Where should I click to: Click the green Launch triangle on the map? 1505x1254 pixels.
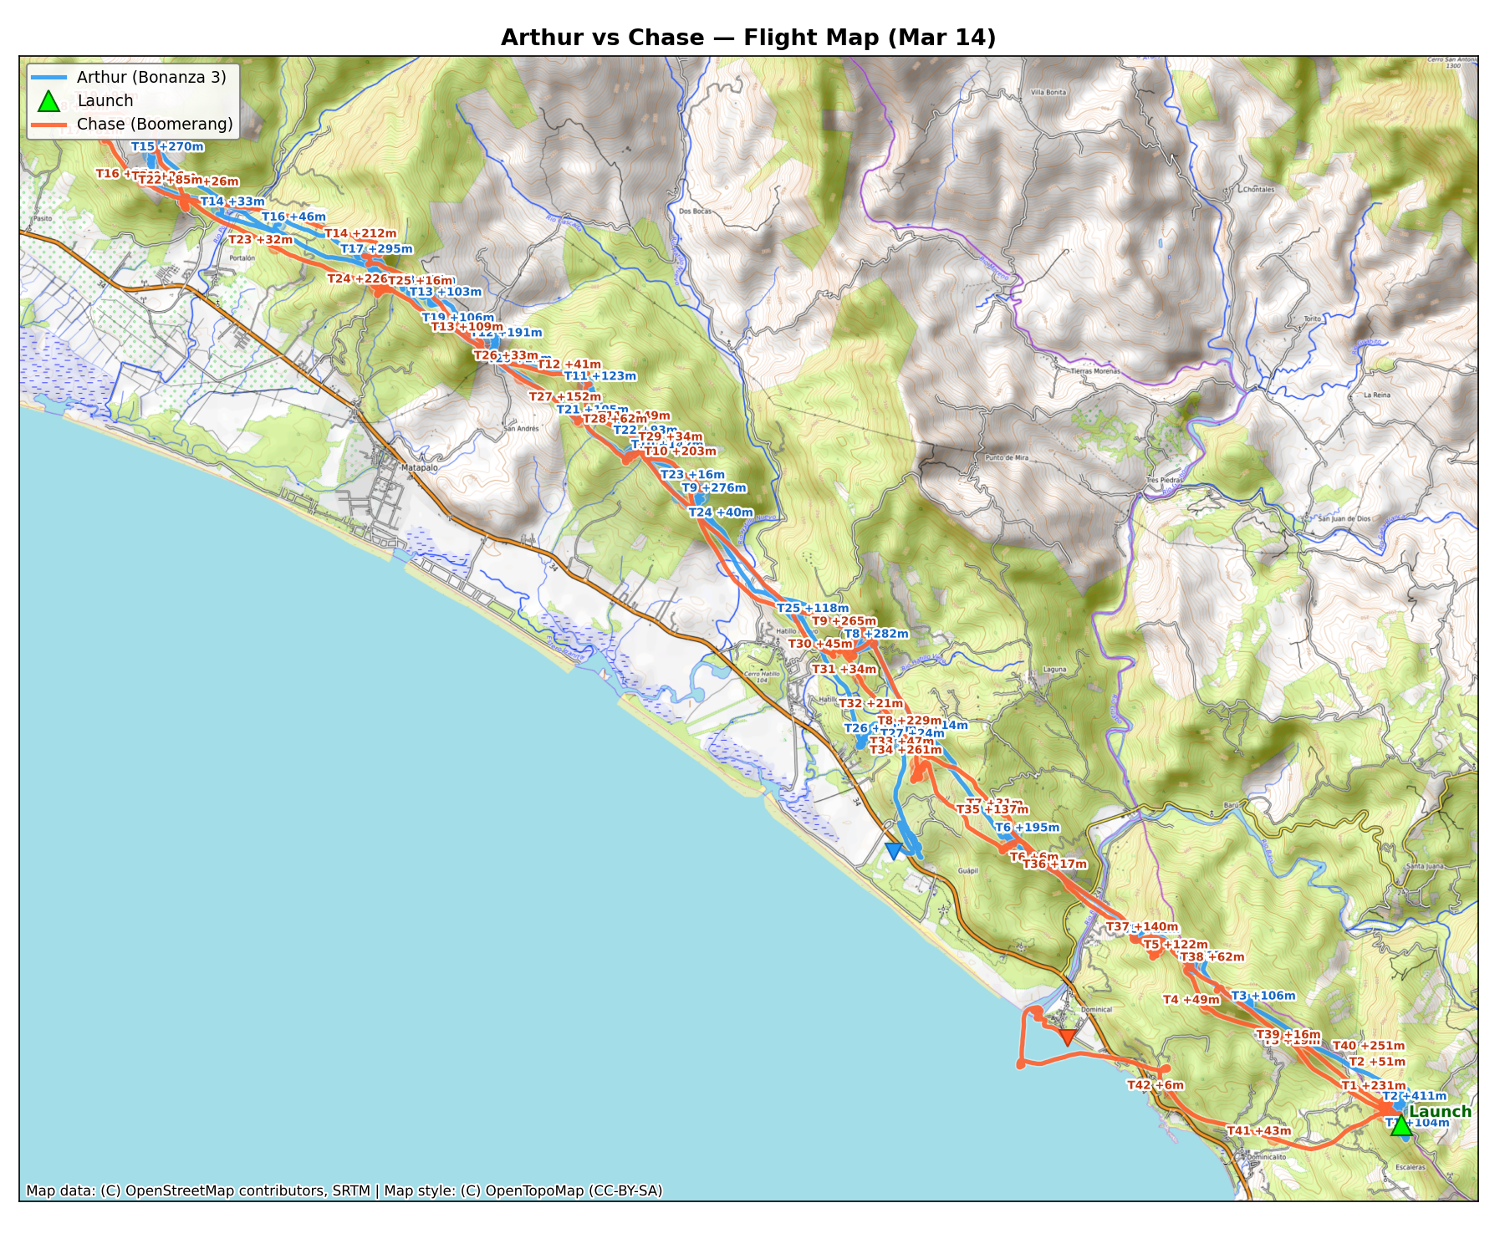1401,1126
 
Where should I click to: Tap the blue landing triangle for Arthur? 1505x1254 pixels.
893,850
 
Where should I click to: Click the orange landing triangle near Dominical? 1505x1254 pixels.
1067,1037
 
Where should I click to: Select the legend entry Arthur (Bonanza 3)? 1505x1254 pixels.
151,78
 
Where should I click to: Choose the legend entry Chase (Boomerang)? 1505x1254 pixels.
155,125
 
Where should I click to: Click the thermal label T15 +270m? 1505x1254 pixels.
167,147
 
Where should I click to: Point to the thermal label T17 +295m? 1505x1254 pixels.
376,249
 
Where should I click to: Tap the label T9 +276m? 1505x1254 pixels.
713,488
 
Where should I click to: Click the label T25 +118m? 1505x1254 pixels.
812,609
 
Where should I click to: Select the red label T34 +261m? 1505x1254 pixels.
906,750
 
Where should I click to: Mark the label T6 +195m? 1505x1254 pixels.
1027,828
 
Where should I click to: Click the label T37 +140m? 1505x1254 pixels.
1142,927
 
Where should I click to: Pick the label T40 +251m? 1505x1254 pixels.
1368,1046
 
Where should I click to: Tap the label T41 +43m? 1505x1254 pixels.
1258,1131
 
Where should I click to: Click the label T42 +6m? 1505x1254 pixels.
1156,1086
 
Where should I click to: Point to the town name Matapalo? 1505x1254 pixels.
419,468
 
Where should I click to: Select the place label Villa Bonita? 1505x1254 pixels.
1048,93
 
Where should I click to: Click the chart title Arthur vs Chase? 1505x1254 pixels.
748,38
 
